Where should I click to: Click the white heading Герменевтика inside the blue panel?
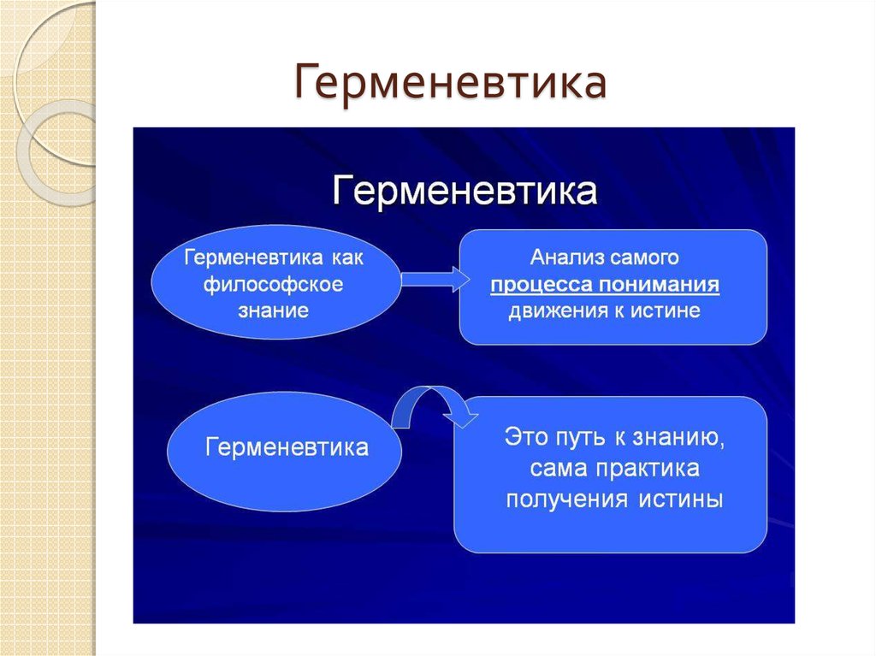(465, 191)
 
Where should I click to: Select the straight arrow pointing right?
(435, 280)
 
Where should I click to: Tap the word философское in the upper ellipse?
(273, 285)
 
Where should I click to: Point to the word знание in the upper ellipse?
(273, 310)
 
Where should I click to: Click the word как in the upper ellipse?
(347, 257)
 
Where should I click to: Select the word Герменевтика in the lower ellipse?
(287, 447)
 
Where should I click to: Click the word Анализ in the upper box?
(567, 257)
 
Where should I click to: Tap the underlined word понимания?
(660, 285)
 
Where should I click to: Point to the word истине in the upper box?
(666, 310)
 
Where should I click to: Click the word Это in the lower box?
(526, 437)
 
